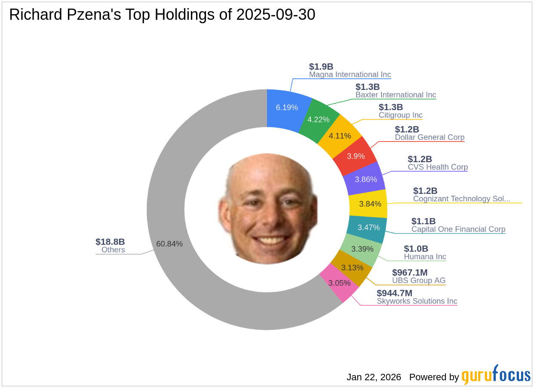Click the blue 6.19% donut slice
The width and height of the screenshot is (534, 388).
pyautogui.click(x=287, y=108)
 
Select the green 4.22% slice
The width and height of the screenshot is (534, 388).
pyautogui.click(x=319, y=120)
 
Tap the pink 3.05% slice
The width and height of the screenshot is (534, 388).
pyautogui.click(x=339, y=283)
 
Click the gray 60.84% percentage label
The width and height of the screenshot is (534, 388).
pyautogui.click(x=169, y=244)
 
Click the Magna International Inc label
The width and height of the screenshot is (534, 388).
pyautogui.click(x=350, y=75)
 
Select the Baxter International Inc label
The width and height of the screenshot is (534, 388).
pyautogui.click(x=396, y=95)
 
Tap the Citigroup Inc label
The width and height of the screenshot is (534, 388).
pyautogui.click(x=400, y=115)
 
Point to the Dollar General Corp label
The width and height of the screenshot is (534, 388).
pyautogui.click(x=430, y=138)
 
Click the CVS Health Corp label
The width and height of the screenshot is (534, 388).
pyautogui.click(x=438, y=167)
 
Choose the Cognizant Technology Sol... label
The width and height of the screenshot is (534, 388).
pyautogui.click(x=462, y=199)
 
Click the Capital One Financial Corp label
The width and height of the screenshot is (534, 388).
pyautogui.click(x=458, y=229)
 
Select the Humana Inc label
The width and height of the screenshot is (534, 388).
pyautogui.click(x=425, y=257)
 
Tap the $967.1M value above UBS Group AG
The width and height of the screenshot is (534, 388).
pyautogui.click(x=410, y=273)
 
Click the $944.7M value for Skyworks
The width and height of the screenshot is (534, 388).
pyautogui.click(x=394, y=293)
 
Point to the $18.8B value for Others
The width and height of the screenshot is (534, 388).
pyautogui.click(x=110, y=242)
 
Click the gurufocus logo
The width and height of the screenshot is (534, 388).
pyautogui.click(x=496, y=376)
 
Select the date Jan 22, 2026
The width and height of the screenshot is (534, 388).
pyautogui.click(x=374, y=377)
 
